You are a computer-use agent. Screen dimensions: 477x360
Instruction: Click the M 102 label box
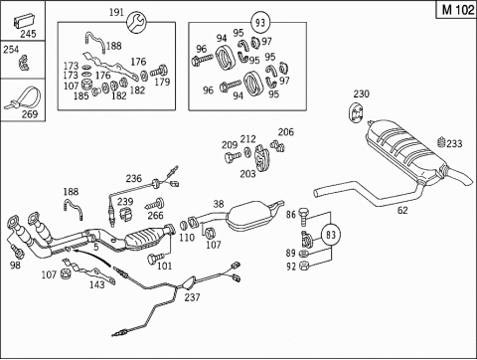pos(457,9)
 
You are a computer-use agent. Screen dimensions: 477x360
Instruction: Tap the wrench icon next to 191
pos(136,23)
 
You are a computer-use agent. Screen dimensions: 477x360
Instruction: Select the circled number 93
pos(260,22)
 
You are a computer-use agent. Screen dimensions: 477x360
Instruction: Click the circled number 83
pos(331,235)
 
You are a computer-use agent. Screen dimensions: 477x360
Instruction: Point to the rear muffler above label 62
pos(407,151)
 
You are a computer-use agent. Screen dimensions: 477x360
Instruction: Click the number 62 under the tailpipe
pos(402,210)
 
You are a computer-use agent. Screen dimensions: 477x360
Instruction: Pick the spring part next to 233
pos(441,143)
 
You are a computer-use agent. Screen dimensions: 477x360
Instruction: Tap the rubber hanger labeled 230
pos(356,113)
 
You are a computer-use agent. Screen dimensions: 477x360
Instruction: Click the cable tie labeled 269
pos(22,97)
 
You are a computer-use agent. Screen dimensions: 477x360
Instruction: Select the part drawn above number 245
pos(24,21)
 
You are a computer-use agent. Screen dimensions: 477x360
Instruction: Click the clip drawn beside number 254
pos(24,63)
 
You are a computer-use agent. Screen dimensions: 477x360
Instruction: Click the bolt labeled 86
pos(303,216)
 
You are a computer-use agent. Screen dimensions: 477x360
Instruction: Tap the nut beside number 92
pos(303,266)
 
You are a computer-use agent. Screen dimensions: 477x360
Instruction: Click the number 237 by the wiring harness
pos(192,297)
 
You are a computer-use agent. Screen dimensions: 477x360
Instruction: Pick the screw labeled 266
pos(155,204)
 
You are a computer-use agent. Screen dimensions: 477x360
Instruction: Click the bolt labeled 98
pos(17,251)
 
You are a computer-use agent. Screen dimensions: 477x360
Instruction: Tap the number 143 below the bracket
pos(96,284)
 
